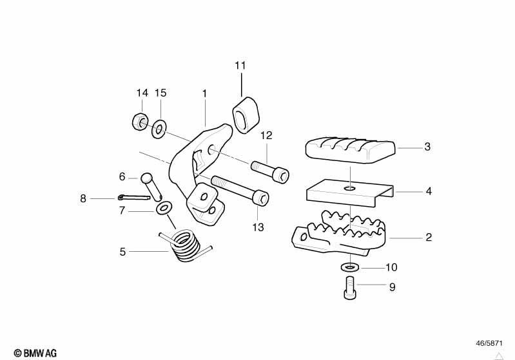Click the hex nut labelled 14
coord(139,122)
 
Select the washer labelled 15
coord(159,129)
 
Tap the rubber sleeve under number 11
coord(246,115)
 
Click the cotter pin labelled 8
coord(133,198)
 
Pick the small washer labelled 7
coord(164,209)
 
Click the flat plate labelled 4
coord(350,193)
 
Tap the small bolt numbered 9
coord(349,288)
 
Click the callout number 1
coord(204,94)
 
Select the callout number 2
coord(429,237)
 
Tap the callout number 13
coord(258,227)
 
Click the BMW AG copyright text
coord(35,353)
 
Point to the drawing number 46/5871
coord(489,343)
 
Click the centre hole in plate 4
coord(351,188)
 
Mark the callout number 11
coord(240,66)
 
